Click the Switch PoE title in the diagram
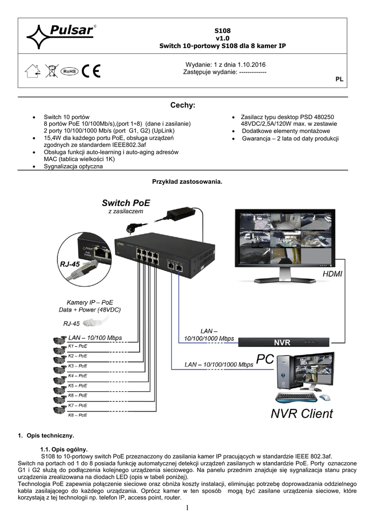[x=126, y=202]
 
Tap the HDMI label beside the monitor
[x=332, y=273]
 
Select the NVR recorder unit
[x=282, y=342]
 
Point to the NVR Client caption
[x=302, y=414]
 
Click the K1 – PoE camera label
[x=78, y=346]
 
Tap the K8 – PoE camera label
[x=78, y=415]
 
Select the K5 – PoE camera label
[x=78, y=386]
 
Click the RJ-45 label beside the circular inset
[x=70, y=263]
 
